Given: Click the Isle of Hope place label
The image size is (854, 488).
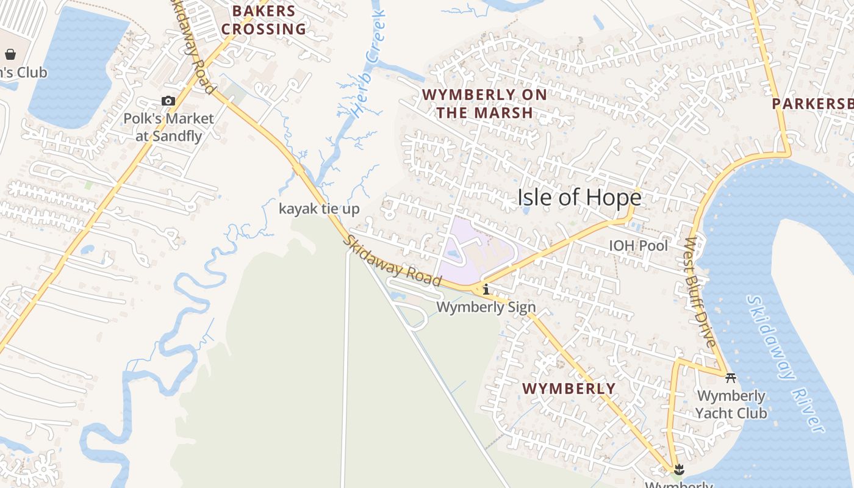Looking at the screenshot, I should (579, 198).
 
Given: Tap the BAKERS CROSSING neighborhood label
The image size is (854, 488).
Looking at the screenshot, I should (264, 20).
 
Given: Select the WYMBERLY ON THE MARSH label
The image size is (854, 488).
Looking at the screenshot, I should (484, 104).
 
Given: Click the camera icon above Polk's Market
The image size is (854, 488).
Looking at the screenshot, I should (168, 101).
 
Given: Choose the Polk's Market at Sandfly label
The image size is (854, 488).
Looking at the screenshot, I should (168, 127).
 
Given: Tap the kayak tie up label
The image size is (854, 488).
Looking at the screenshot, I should (319, 209).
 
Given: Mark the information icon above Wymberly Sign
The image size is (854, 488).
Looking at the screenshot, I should (486, 289).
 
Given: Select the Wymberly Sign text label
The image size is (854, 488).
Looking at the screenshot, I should (486, 307).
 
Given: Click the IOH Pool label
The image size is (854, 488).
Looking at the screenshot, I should (639, 246).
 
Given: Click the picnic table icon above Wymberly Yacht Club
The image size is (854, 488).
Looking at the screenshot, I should (731, 378).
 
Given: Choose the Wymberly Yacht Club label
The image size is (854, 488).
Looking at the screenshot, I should (731, 404).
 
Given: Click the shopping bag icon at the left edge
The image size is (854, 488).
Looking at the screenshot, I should (10, 54).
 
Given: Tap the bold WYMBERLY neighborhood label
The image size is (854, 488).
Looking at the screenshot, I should (569, 389).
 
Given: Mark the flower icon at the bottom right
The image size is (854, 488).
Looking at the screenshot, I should (678, 469).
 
